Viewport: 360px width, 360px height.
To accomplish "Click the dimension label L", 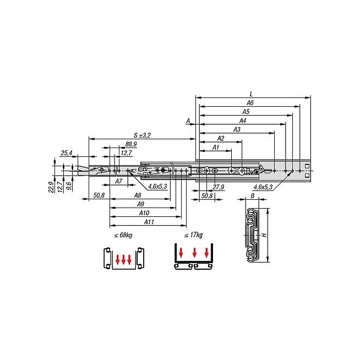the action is pyautogui.click(x=251, y=94).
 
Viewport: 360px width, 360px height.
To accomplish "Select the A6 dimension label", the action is pyautogui.click(x=250, y=103).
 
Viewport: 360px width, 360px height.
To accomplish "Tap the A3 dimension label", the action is pyautogui.click(x=237, y=129).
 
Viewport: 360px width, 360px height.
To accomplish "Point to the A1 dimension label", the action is pyautogui.click(x=216, y=148).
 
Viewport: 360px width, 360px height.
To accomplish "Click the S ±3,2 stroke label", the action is pyautogui.click(x=142, y=135).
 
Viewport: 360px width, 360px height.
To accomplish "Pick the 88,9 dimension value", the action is pyautogui.click(x=131, y=144).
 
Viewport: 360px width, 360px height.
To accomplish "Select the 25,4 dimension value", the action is pyautogui.click(x=67, y=153).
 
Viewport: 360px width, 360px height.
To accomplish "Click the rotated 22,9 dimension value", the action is pyautogui.click(x=51, y=187).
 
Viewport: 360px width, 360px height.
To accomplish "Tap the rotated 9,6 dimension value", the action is pyautogui.click(x=69, y=186).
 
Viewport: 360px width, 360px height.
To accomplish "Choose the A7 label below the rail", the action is pyautogui.click(x=118, y=182).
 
